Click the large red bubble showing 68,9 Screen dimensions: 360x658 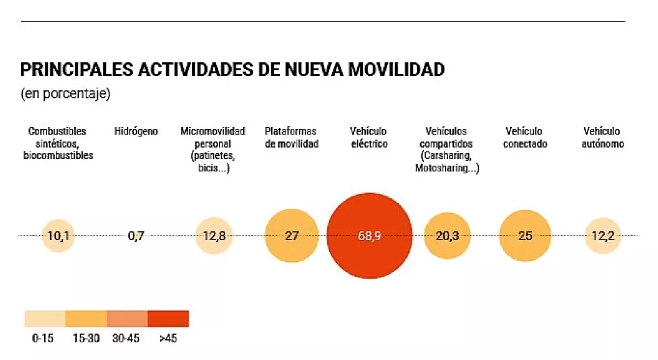point(369,235)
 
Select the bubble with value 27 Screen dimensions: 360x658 point(292,235)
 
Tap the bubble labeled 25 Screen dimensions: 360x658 point(525,235)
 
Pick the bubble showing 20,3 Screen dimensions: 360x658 point(447,235)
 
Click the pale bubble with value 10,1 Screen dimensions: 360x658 point(58,235)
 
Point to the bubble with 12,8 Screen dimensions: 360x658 point(214,235)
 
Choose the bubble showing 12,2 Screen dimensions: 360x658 point(602,235)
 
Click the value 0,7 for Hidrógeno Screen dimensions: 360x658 point(136,235)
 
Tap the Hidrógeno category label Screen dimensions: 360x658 point(136,132)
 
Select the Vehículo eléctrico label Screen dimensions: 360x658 point(369,137)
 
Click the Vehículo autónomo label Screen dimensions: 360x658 point(602,137)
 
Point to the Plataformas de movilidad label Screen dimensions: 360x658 point(291,137)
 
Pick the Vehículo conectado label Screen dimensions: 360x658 point(525,137)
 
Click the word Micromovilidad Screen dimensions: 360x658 point(213,132)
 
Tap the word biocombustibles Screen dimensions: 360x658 point(58,155)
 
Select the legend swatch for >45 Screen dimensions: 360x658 point(168,318)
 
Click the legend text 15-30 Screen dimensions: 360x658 point(86,338)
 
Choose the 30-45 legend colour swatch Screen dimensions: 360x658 point(127,318)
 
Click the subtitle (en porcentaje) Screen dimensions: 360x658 point(65,93)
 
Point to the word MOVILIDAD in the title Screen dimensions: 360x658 point(396,69)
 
